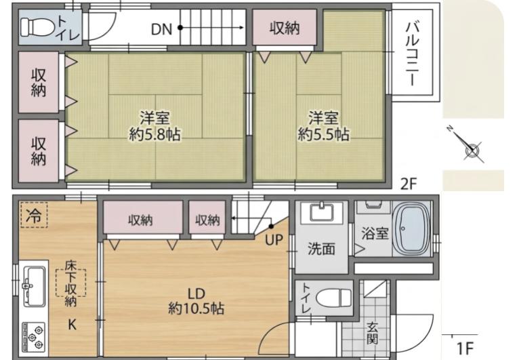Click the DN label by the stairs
tap(161, 28)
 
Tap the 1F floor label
tap(465, 348)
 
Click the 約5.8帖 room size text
tap(155, 134)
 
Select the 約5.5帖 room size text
tap(324, 134)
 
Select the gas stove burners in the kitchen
tap(33, 336)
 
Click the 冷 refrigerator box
tap(33, 216)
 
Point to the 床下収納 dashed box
tap(71, 287)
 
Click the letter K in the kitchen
tap(72, 325)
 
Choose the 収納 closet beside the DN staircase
tap(284, 28)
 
